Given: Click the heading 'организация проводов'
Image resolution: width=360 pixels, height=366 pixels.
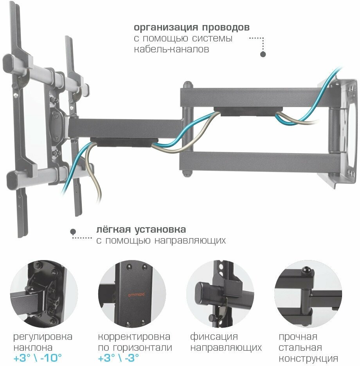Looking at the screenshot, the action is coord(192,28).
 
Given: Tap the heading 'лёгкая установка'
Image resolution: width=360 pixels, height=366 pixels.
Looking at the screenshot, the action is coord(141,229).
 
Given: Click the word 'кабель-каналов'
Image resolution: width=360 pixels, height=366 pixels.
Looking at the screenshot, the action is coord(171,50).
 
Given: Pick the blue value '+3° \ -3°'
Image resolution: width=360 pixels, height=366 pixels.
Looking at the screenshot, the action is coord(119,358).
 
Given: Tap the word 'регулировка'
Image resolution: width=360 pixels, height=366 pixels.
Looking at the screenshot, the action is coord(43,337).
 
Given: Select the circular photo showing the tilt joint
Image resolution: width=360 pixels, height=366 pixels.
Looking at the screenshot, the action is coord(44,294).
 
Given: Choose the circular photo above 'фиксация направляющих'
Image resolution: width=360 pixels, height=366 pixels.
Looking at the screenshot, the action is coord(220,294).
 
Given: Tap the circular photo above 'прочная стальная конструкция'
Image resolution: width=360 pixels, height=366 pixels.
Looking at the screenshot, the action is coord(308,294).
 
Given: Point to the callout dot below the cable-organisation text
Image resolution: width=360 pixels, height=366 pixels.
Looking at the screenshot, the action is coord(263,55).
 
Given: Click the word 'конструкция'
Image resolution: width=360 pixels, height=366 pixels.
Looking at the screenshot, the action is coord(308,359).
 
